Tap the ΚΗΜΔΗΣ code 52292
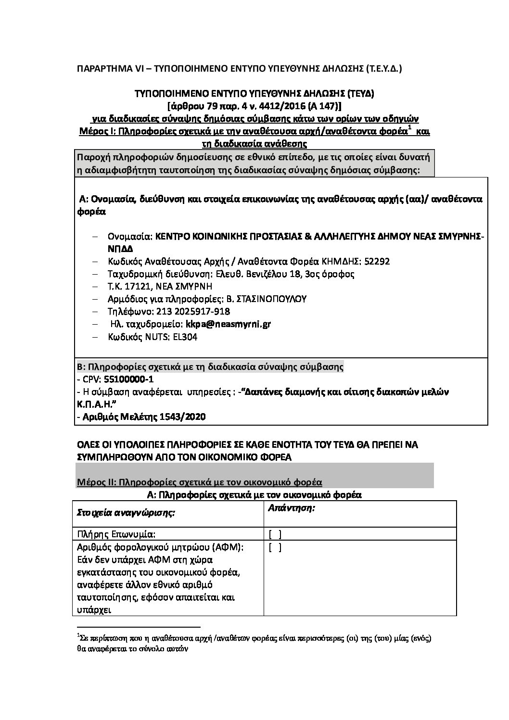point(377,261)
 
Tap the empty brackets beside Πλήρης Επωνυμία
point(275,533)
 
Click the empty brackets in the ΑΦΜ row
point(275,547)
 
